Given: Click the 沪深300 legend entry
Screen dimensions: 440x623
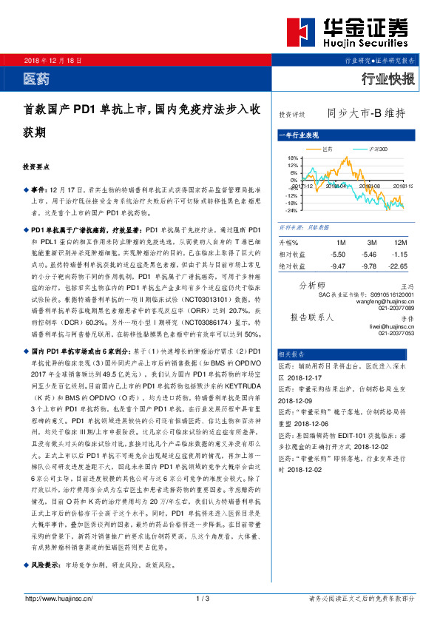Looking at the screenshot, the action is click(x=377, y=149).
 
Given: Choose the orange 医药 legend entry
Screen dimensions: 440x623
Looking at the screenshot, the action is click(x=330, y=149).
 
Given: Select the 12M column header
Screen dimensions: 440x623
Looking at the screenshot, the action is click(x=402, y=243).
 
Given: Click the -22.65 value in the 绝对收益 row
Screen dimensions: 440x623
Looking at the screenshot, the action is click(x=399, y=266).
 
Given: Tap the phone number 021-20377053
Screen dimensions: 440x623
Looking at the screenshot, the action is click(x=395, y=333).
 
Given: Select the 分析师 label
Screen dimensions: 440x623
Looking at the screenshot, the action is click(x=311, y=285).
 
